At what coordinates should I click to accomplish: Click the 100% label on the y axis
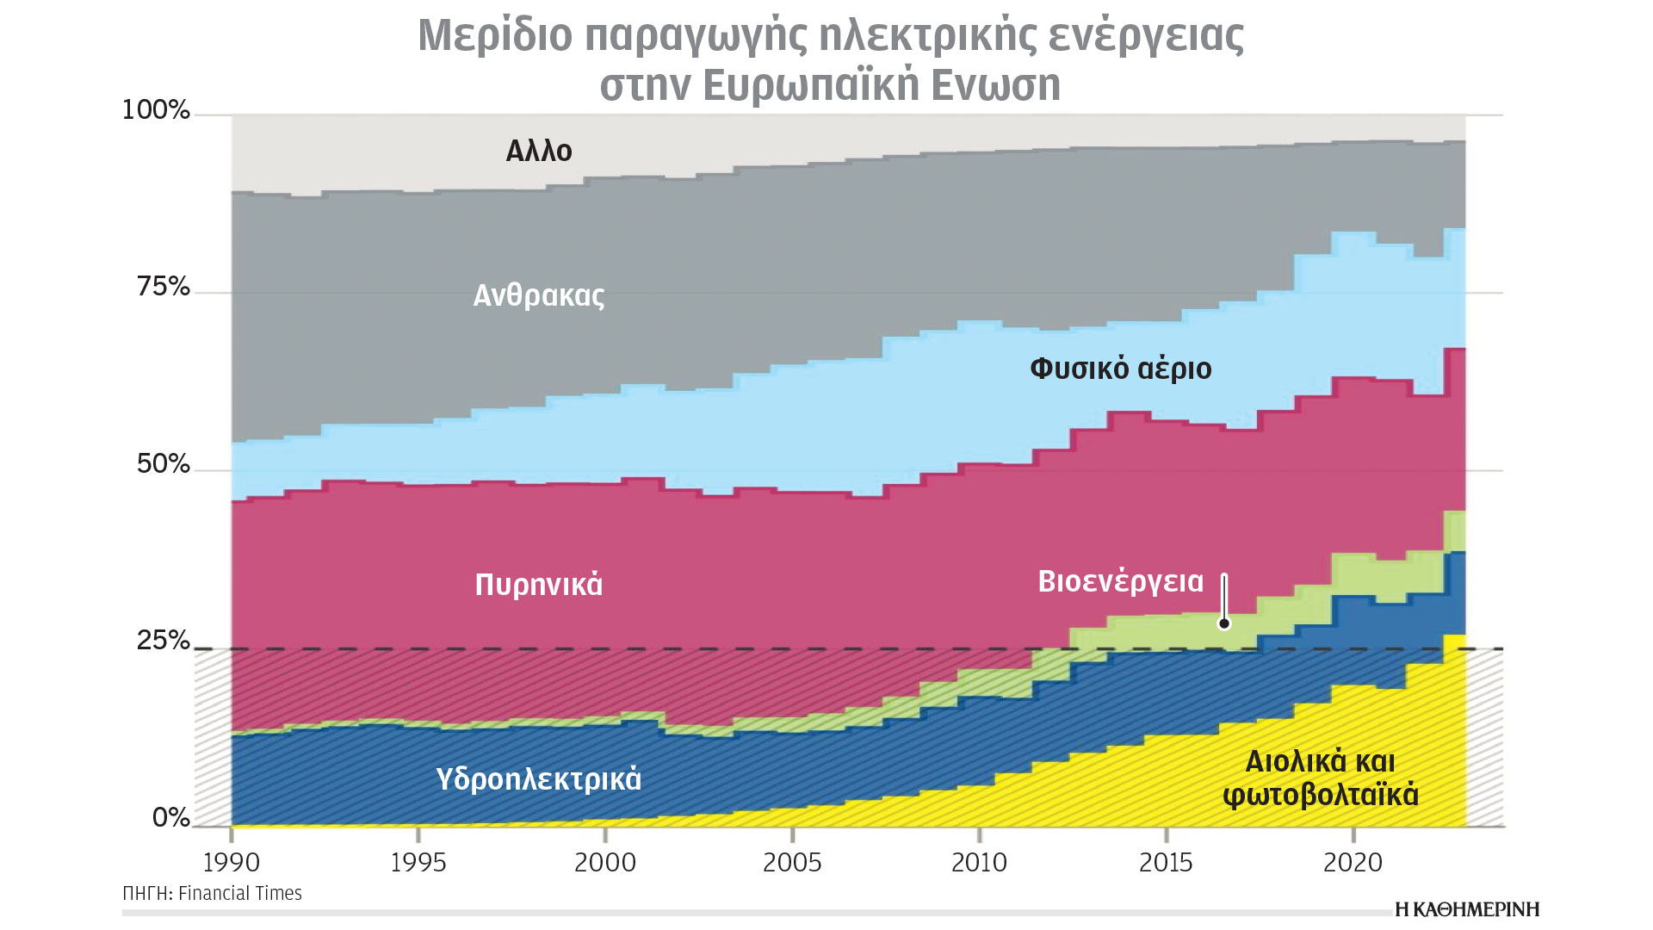(x=156, y=110)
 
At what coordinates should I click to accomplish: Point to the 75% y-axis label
(x=163, y=287)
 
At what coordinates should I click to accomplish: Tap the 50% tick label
(x=163, y=464)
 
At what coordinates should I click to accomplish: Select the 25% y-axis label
(x=163, y=641)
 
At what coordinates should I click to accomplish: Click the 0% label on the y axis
(x=170, y=817)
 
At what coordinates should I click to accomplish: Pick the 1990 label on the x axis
(x=232, y=862)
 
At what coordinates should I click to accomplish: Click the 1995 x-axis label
(x=418, y=862)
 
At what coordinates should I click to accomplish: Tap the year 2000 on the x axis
(x=605, y=862)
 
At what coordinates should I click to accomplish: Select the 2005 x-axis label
(x=792, y=862)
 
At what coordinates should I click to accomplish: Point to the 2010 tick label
(x=979, y=862)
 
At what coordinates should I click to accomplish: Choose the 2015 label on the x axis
(x=1166, y=862)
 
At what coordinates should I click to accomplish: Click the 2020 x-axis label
(x=1353, y=862)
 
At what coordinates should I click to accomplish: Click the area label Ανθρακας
(x=539, y=296)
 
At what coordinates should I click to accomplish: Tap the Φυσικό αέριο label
(x=1120, y=369)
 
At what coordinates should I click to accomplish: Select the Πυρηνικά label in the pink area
(x=539, y=585)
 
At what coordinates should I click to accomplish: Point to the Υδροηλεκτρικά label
(x=539, y=779)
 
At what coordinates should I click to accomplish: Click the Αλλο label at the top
(x=539, y=152)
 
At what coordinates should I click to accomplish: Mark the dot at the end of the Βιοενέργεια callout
(x=1224, y=623)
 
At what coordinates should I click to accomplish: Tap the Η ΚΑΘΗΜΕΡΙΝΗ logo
(x=1467, y=909)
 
